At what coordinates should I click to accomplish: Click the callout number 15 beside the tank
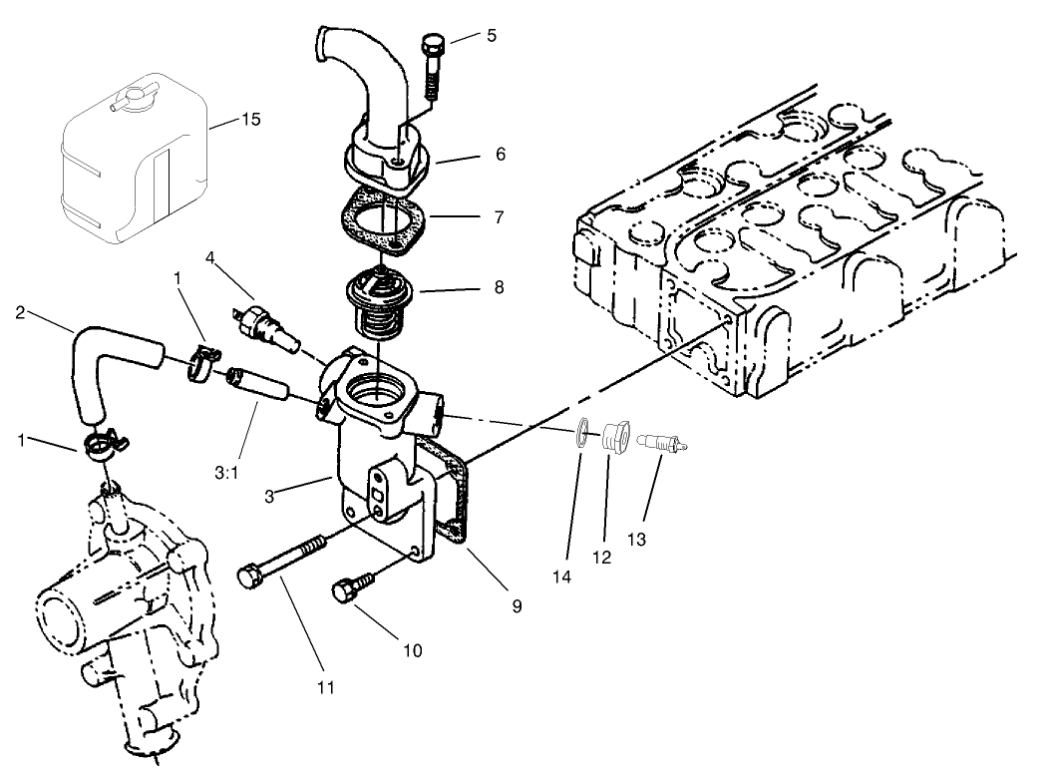250,120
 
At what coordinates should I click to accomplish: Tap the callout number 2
20,311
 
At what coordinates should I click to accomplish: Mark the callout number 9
517,605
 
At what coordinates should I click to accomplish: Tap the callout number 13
637,540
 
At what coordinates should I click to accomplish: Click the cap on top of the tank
126,100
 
